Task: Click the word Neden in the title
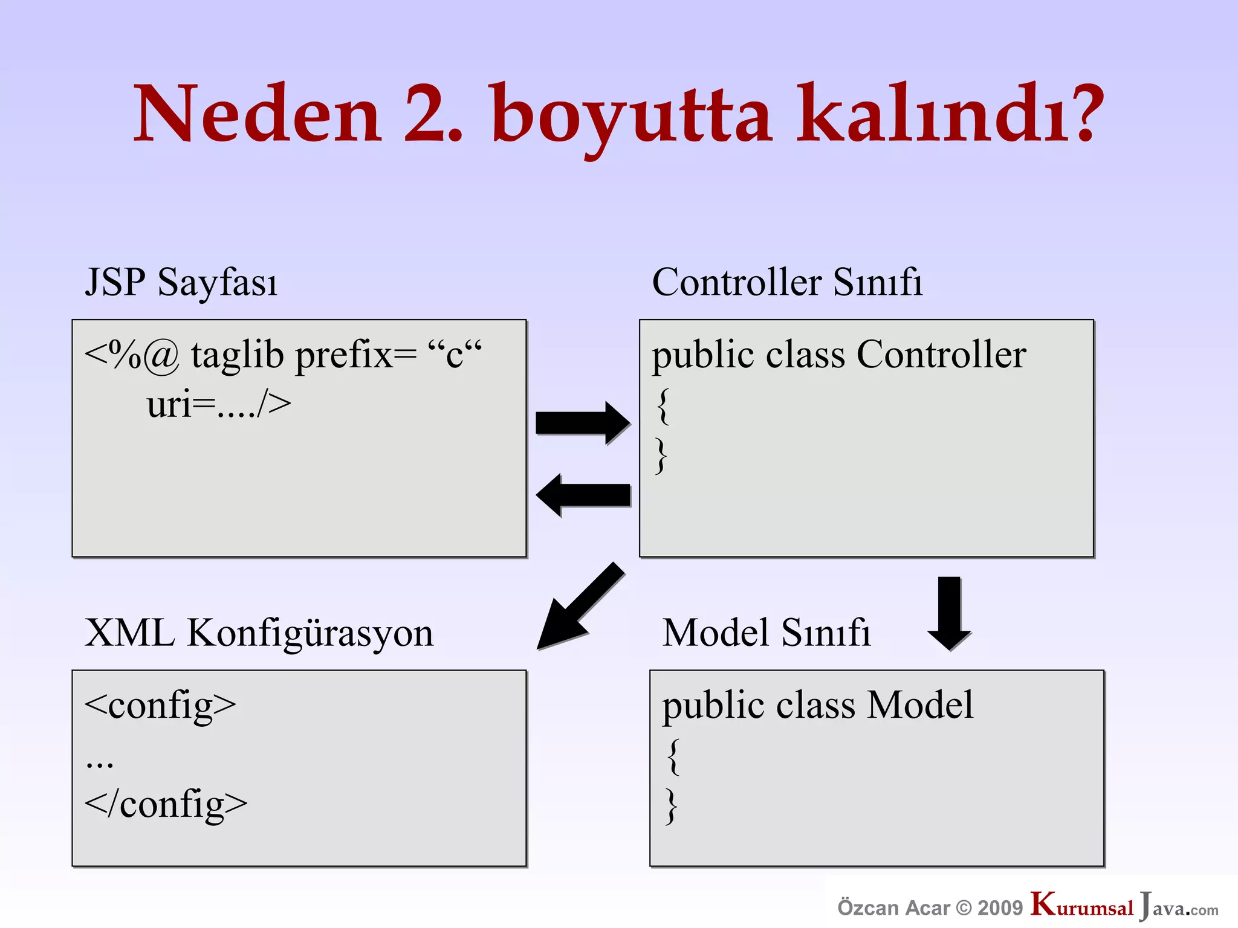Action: tap(257, 115)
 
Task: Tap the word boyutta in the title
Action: tap(632, 118)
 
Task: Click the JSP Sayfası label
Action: tap(181, 282)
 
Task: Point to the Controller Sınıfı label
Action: tap(787, 282)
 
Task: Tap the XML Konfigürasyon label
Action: tap(259, 634)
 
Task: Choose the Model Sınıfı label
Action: tap(766, 633)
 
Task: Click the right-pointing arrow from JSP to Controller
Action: tap(582, 422)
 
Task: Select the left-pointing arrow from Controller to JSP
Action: tap(583, 495)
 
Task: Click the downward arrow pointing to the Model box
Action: tap(949, 613)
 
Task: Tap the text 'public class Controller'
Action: tap(838, 355)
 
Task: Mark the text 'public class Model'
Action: tap(817, 705)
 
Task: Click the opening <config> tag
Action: tap(160, 706)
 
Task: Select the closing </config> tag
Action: tap(166, 805)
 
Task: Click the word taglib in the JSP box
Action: tap(238, 355)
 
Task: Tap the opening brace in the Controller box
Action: tap(663, 406)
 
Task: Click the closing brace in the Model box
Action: tap(671, 806)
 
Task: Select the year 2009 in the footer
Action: tap(1000, 907)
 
